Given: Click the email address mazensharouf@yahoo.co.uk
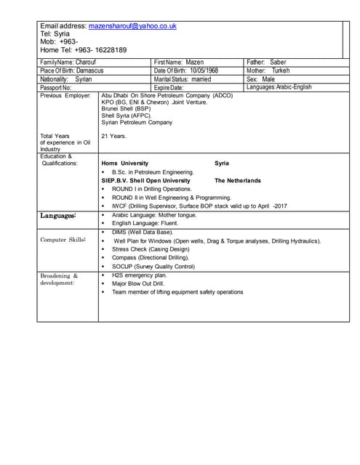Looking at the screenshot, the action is pyautogui.click(x=132, y=25).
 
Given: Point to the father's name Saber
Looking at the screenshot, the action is pyautogui.click(x=278, y=62).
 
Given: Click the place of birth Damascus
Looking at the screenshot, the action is pyautogui.click(x=90, y=70).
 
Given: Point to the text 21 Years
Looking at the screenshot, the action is pyautogui.click(x=113, y=136).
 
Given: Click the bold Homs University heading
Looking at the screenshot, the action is pyautogui.click(x=125, y=163).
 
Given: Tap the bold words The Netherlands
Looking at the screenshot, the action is pyautogui.click(x=237, y=180).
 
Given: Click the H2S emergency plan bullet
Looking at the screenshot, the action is pyautogui.click(x=140, y=275).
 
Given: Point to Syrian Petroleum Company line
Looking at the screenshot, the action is pyautogui.click(x=137, y=122).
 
